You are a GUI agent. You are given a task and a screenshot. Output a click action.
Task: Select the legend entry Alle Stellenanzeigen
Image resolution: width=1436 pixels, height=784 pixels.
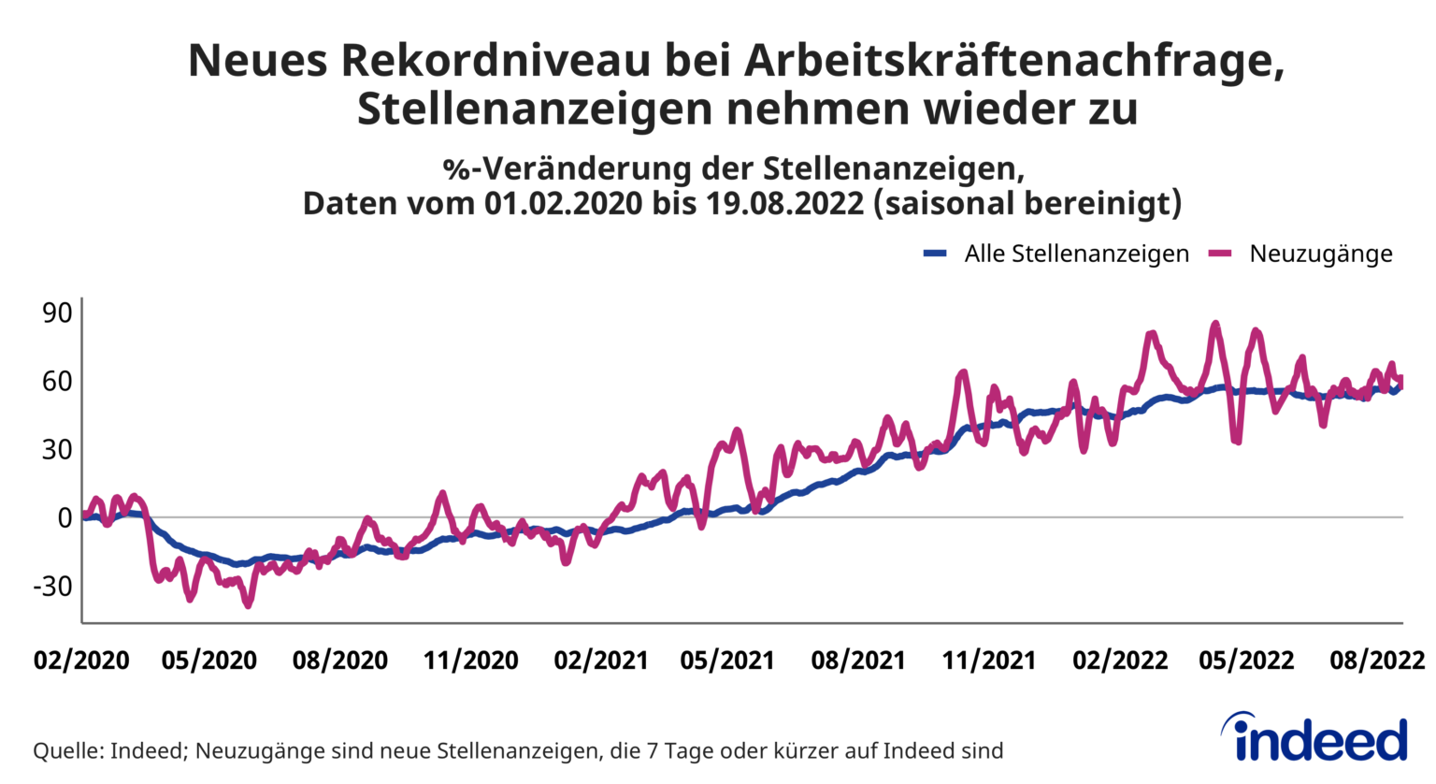[x=1076, y=254]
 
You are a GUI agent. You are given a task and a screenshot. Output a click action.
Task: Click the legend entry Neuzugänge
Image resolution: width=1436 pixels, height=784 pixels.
[x=1320, y=254]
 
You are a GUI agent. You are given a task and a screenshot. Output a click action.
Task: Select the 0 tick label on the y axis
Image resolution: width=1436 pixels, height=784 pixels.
[x=65, y=517]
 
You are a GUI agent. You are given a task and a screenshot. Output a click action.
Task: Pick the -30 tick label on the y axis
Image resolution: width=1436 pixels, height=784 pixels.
[x=52, y=587]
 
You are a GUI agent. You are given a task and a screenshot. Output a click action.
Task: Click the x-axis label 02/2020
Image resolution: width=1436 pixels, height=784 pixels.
[x=81, y=661]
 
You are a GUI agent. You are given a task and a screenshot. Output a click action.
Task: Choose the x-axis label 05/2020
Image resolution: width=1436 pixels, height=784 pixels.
[x=208, y=661]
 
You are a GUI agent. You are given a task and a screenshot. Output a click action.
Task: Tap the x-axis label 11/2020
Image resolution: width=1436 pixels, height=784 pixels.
[x=470, y=661]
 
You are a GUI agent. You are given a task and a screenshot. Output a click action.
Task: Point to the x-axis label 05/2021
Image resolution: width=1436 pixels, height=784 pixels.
[x=726, y=661]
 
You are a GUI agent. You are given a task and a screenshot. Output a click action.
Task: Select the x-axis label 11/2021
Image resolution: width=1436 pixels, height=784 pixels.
[x=988, y=661]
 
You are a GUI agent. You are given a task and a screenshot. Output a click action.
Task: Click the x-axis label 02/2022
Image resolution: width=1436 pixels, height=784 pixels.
[x=1119, y=661]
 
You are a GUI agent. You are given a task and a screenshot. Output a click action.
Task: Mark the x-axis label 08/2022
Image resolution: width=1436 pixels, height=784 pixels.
[x=1376, y=661]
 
